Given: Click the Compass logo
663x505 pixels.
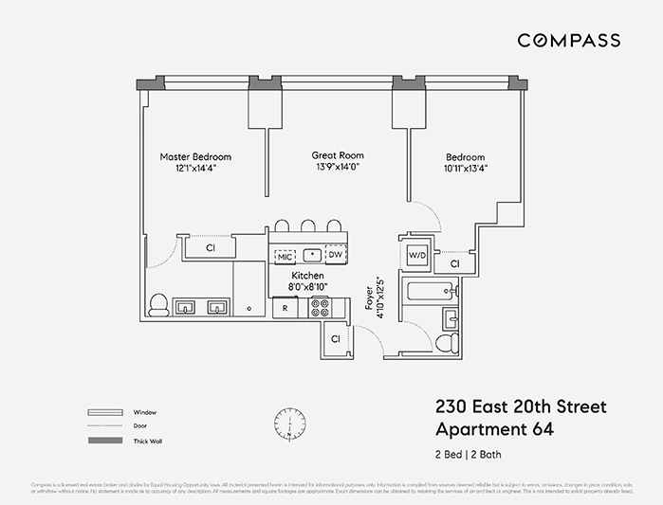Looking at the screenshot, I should (568, 41).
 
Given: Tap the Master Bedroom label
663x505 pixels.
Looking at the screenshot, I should (195, 157).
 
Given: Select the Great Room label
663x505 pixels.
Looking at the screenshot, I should (338, 155).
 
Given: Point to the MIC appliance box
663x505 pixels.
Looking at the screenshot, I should (285, 256).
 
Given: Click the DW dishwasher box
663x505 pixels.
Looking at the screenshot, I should (335, 255).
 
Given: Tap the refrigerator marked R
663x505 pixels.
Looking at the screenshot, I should (285, 308).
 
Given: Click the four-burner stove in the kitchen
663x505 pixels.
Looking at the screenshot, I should (320, 307).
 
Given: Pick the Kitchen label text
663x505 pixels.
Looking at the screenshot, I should (309, 274).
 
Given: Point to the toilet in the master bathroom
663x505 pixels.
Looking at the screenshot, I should (159, 305).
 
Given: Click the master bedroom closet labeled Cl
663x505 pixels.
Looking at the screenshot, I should (210, 247).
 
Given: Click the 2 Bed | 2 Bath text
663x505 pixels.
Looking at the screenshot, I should (468, 455).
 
